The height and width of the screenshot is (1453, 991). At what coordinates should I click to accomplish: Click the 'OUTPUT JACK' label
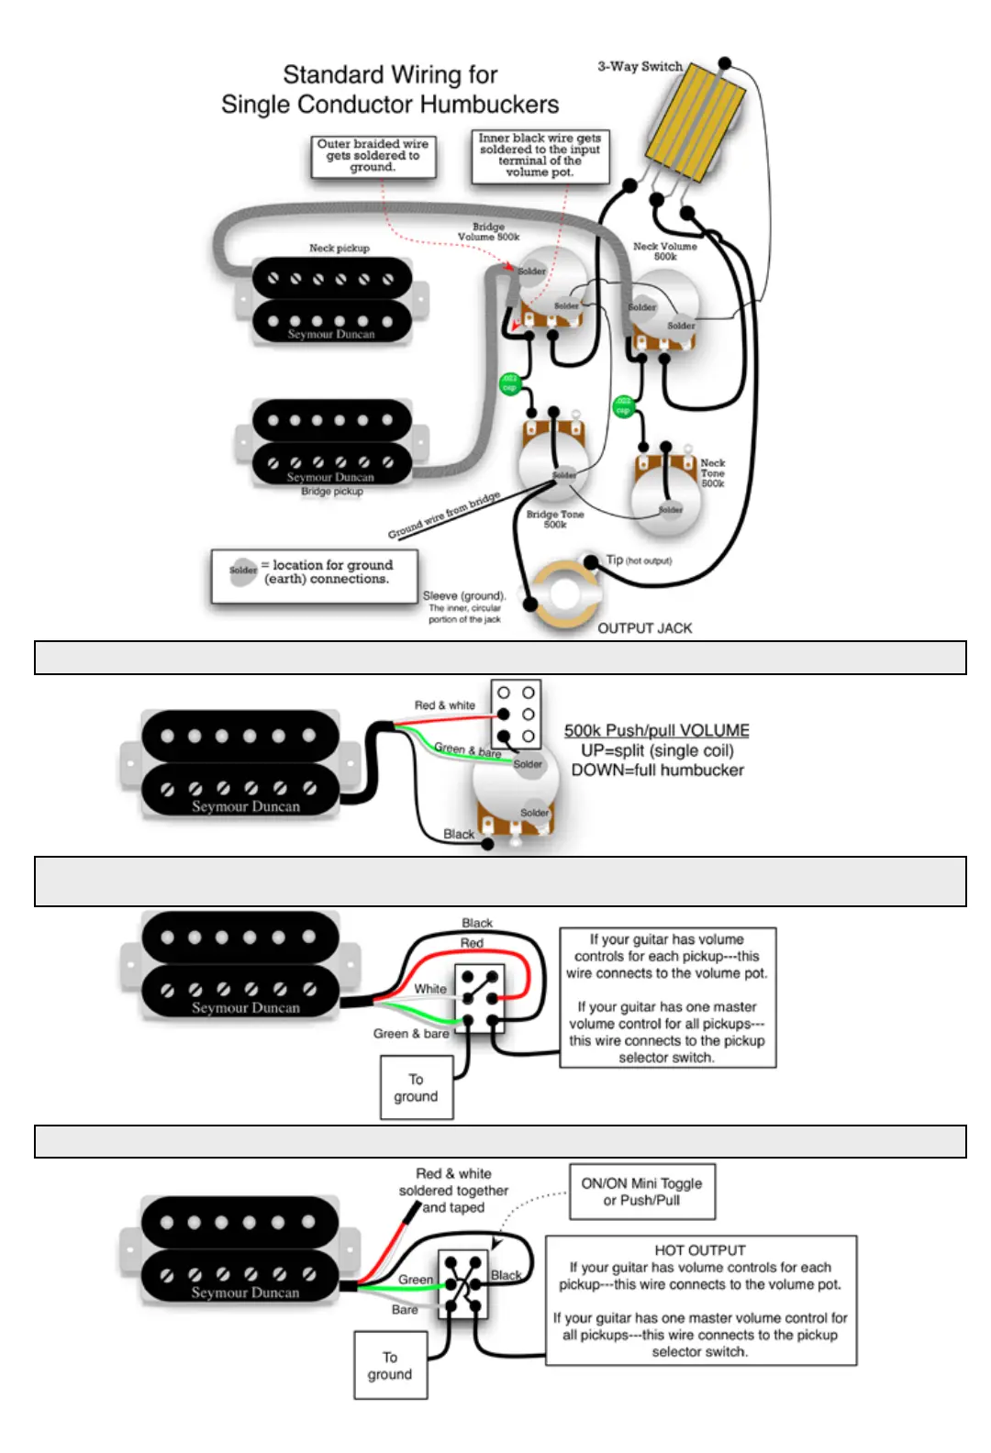(644, 628)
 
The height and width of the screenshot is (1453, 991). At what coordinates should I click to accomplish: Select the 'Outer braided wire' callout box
(373, 156)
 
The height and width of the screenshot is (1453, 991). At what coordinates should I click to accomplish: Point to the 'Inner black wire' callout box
(540, 155)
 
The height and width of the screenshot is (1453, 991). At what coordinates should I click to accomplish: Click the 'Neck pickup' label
(339, 248)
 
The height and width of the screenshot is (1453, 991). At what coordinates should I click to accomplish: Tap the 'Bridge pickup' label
(332, 492)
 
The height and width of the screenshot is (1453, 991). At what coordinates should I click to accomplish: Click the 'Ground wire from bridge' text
(444, 516)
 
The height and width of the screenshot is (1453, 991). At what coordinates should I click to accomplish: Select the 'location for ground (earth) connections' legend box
(315, 575)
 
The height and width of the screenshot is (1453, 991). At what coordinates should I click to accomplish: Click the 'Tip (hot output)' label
(639, 560)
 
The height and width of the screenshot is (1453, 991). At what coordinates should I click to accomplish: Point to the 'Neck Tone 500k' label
(713, 473)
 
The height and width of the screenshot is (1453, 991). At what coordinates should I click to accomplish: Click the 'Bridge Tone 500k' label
(555, 519)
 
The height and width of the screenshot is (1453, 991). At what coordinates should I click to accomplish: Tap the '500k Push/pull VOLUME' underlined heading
(656, 730)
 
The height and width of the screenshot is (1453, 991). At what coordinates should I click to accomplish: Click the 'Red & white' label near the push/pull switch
(444, 705)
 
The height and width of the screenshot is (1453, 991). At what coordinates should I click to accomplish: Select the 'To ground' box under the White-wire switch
(417, 1088)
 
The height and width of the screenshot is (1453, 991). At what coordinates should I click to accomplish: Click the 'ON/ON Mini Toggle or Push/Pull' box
(641, 1192)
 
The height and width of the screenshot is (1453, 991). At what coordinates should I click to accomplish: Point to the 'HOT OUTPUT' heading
(700, 1250)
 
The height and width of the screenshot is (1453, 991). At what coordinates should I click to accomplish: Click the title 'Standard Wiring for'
(390, 74)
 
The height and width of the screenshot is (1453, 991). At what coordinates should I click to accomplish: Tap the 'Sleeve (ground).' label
(464, 595)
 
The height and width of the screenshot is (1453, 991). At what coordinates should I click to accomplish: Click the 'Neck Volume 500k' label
(665, 251)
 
